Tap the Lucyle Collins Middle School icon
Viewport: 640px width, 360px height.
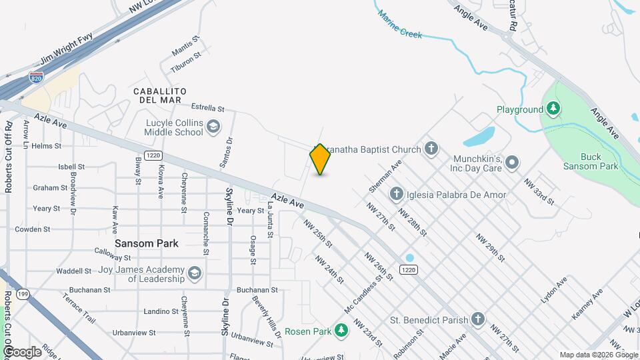(x=213, y=127)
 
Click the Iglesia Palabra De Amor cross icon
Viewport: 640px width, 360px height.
(x=396, y=195)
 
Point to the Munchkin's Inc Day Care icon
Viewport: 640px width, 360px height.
(x=512, y=162)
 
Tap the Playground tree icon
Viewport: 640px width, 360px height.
(x=553, y=109)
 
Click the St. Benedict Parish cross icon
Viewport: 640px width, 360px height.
(x=478, y=319)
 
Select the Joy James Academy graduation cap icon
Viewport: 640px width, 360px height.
(x=194, y=273)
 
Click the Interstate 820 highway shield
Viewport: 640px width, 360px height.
(x=36, y=78)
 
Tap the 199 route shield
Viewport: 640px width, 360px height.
(x=23, y=294)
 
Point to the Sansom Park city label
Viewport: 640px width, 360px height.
(x=147, y=243)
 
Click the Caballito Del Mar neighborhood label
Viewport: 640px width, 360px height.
(x=159, y=95)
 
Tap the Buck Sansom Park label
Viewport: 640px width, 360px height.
(x=590, y=162)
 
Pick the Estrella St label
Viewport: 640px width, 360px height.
(x=207, y=107)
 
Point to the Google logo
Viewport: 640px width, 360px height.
(x=21, y=351)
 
